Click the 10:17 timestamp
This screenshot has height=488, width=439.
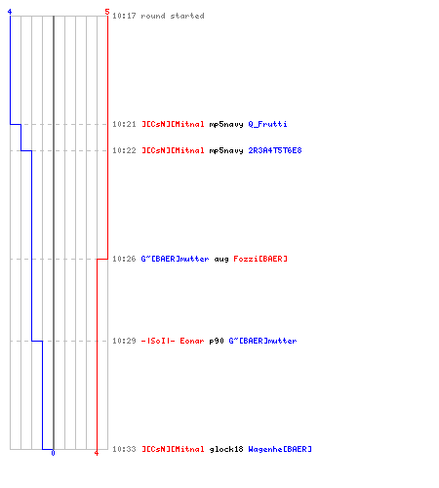tap(124, 16)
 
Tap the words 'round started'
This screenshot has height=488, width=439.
tap(173, 16)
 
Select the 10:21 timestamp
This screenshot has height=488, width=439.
tap(124, 124)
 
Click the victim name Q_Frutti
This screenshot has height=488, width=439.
tap(267, 124)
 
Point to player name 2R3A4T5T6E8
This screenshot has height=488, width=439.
tap(275, 150)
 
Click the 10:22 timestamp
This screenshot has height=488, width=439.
tap(124, 150)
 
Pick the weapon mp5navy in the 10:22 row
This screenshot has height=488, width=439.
tap(226, 151)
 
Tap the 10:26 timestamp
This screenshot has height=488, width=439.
tap(124, 259)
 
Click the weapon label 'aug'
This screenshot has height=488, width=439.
tap(221, 260)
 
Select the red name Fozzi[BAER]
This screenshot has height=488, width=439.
tap(260, 259)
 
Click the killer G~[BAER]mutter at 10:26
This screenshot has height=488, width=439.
tap(175, 259)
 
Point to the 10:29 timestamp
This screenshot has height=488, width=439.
tap(124, 341)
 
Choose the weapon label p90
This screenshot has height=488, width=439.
tap(217, 341)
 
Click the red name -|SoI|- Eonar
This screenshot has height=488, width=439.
tap(173, 341)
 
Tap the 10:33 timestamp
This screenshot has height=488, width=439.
tap(124, 449)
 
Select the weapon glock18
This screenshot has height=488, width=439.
tap(226, 449)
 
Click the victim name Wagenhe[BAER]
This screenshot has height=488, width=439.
tap(280, 449)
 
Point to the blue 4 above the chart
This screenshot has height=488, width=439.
tap(10, 12)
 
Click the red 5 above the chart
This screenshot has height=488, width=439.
tap(107, 12)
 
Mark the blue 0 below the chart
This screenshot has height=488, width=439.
tap(53, 453)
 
